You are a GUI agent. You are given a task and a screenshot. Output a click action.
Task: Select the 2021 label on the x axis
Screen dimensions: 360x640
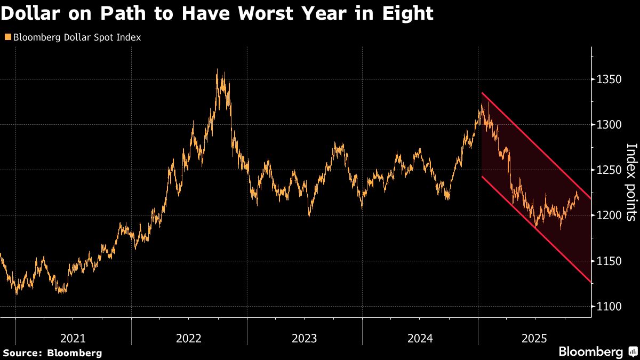click(x=73, y=338)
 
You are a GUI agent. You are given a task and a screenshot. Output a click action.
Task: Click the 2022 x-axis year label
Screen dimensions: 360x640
click(x=189, y=338)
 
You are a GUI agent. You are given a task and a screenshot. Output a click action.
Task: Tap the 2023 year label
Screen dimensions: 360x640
click(x=305, y=338)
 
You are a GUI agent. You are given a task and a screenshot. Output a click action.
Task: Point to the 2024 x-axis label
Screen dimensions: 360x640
click(x=420, y=338)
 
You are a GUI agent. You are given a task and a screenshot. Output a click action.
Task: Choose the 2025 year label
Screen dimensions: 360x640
click(x=534, y=338)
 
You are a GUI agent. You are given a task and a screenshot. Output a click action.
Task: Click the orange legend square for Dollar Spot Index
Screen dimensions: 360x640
click(x=7, y=37)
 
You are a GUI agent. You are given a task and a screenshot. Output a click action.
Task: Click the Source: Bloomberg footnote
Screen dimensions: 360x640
click(x=52, y=353)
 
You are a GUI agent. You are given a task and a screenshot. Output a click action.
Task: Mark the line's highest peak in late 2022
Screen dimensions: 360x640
click(x=217, y=69)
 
